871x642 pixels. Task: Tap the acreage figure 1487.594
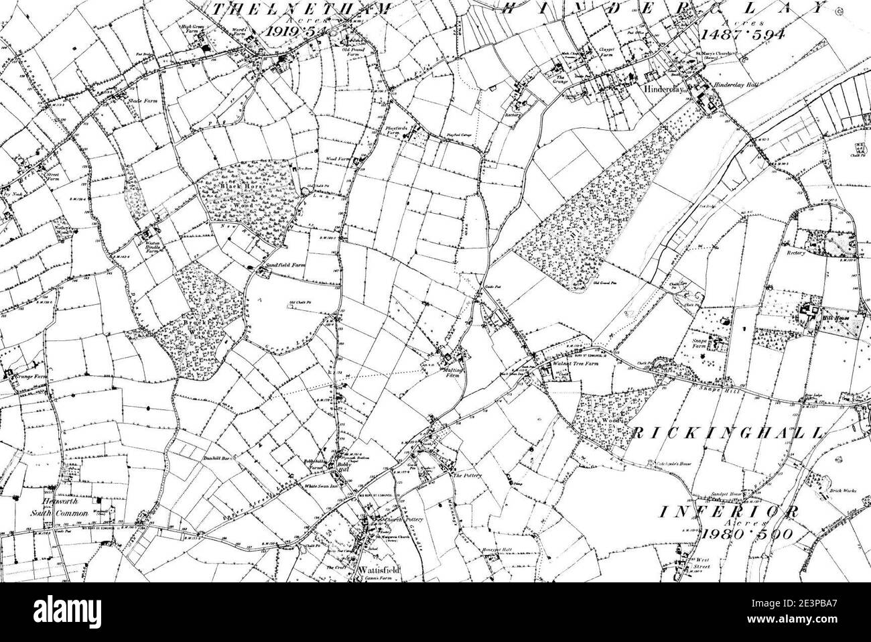[741, 34]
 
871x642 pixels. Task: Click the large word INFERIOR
[730, 511]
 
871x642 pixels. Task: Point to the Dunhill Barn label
[216, 460]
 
